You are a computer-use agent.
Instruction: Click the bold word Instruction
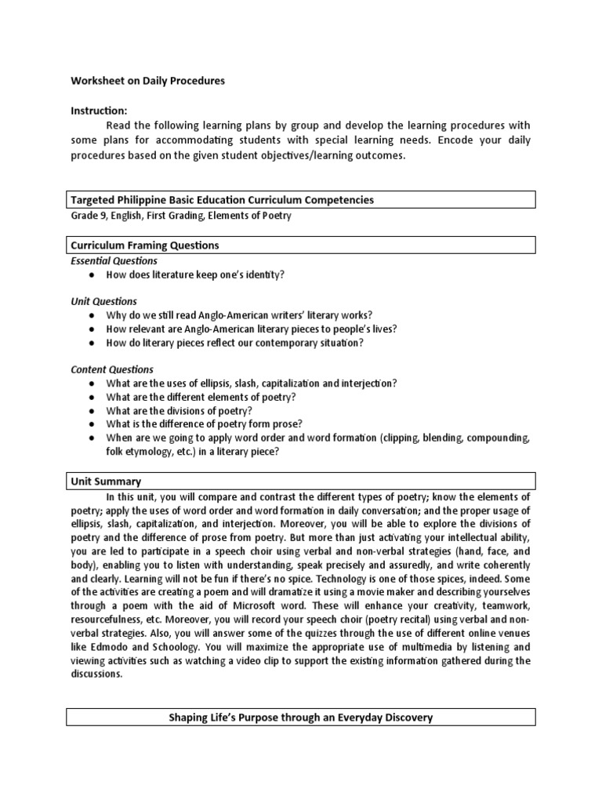pos(100,111)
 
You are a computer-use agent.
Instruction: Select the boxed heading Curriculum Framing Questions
pos(145,245)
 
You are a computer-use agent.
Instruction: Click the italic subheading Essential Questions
pos(114,260)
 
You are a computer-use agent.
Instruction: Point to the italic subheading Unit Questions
pos(104,301)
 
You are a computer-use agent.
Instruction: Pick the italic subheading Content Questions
pos(112,369)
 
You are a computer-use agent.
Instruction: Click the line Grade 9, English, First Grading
pos(180,215)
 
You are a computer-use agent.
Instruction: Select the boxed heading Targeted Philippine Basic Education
pos(223,200)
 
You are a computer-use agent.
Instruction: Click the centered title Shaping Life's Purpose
pos(301,718)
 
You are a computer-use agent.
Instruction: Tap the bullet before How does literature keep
pos(92,275)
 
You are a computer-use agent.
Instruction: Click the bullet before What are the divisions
pos(92,411)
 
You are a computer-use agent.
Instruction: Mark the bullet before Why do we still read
pos(92,315)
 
